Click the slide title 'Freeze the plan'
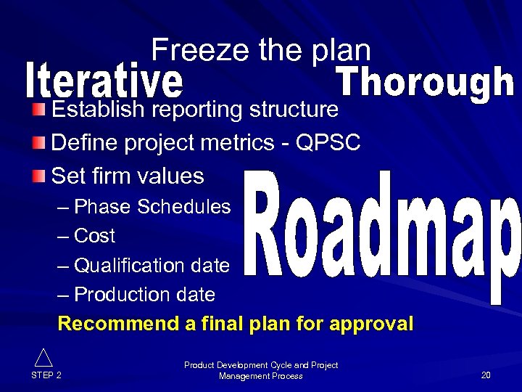pyautogui.click(x=261, y=50)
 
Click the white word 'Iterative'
pyautogui.click(x=104, y=82)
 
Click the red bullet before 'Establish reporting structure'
pyautogui.click(x=40, y=110)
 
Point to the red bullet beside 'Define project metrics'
pyautogui.click(x=40, y=142)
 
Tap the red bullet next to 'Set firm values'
pyautogui.click(x=40, y=175)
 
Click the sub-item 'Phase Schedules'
pyautogui.click(x=152, y=207)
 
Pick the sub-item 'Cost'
pyautogui.click(x=94, y=236)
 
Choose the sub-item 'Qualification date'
pyautogui.click(x=152, y=266)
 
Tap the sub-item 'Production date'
pyautogui.click(x=144, y=295)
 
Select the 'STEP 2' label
pyautogui.click(x=46, y=375)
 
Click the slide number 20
pyautogui.click(x=486, y=375)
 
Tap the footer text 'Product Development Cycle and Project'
pyautogui.click(x=261, y=365)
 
